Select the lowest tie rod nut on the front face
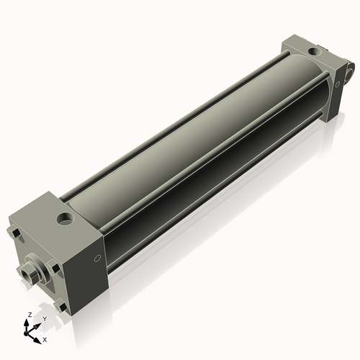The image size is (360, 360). coord(60,308)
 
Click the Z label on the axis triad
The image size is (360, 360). coord(28,315)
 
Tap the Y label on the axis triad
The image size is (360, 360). coord(44,318)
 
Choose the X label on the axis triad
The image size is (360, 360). coord(45,338)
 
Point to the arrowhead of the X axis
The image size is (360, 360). coord(39,336)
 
